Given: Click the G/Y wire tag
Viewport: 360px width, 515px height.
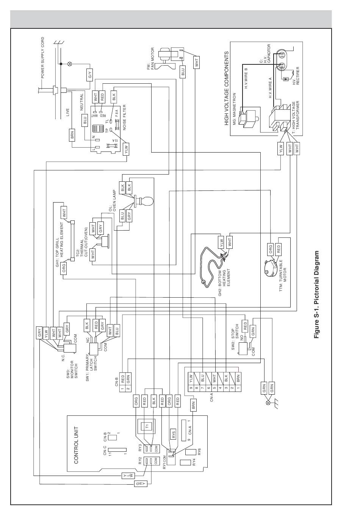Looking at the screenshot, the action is (x=90, y=75).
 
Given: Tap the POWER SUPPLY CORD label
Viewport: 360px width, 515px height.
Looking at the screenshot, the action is (x=43, y=58).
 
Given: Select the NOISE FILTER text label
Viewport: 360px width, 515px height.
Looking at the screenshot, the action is (x=124, y=117).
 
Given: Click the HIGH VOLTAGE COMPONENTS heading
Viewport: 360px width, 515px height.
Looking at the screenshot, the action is (x=227, y=88).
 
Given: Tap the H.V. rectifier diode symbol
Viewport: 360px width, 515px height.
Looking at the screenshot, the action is (x=286, y=79).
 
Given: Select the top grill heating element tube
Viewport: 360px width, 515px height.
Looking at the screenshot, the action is (x=73, y=240).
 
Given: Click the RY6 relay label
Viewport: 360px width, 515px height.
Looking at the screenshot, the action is (x=199, y=452).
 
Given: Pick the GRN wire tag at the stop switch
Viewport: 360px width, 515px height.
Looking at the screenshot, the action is (x=253, y=330).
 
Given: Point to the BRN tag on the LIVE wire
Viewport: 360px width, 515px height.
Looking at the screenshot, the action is (x=72, y=135).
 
